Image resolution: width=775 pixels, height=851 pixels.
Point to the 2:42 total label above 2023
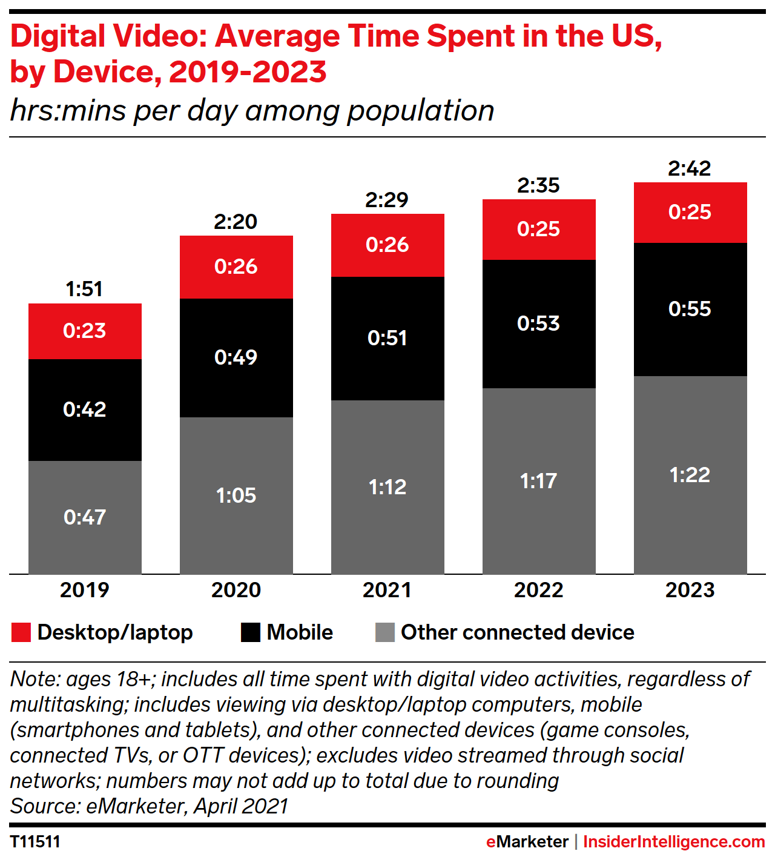[690, 168]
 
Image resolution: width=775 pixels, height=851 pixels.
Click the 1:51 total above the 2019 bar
[84, 289]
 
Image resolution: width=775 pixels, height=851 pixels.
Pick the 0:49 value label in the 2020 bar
[236, 357]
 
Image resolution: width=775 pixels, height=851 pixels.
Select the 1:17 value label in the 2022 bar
[538, 481]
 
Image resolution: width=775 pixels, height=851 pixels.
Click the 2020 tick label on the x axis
[236, 590]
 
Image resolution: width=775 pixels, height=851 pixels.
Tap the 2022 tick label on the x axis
[538, 590]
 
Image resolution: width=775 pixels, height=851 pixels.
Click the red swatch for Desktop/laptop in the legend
[21, 632]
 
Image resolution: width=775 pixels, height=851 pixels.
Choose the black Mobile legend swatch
[251, 632]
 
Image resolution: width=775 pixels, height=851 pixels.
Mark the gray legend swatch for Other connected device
[385, 632]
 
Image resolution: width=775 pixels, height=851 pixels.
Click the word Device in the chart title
[106, 72]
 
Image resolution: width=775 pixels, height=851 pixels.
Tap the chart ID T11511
[35, 841]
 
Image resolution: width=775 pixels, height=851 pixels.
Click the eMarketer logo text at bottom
[527, 841]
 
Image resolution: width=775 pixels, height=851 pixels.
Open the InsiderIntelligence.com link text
[674, 841]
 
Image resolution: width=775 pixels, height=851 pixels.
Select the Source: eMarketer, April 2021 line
[149, 806]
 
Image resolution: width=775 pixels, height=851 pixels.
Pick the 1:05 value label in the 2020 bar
[236, 495]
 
